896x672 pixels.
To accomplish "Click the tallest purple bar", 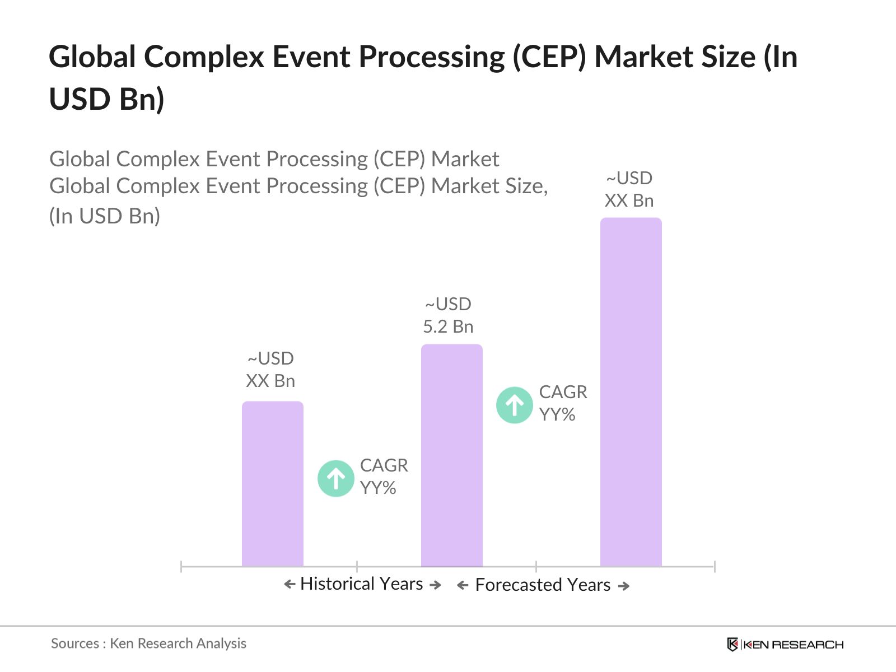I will pos(631,392).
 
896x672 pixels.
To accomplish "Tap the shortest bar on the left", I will pos(272,484).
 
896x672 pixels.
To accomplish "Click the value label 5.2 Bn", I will pos(448,326).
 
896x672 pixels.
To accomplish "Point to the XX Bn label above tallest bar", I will pos(629,200).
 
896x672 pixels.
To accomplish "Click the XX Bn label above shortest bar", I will pos(270,381).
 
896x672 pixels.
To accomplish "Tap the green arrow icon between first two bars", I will pos(335,479).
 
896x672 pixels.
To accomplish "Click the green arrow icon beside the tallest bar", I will pos(514,405).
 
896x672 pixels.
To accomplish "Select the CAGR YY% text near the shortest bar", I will pos(384,477).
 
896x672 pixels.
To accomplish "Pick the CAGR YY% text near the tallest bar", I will pos(563,403).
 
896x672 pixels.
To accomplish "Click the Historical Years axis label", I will pos(361,584).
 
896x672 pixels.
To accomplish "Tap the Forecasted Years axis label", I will pos(542,585).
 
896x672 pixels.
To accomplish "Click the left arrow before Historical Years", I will pos(290,585).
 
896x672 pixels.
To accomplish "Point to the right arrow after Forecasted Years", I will pos(624,586).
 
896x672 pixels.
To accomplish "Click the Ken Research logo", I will pos(785,645).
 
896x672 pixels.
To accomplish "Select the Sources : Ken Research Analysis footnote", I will pos(148,643).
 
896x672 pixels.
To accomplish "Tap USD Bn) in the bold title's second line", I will pos(106,99).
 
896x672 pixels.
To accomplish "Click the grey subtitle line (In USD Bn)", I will pos(105,216).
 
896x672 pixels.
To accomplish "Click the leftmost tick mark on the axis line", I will pos(181,567).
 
